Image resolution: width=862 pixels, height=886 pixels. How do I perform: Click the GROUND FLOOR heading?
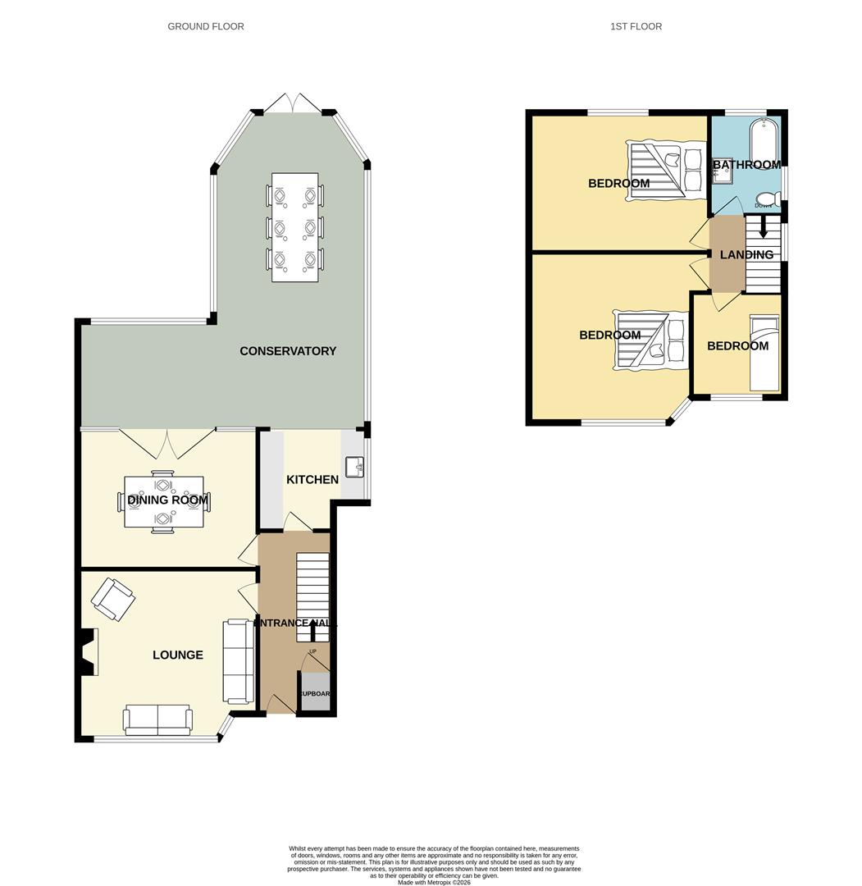coord(205,26)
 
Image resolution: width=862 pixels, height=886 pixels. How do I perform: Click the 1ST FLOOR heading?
coord(636,26)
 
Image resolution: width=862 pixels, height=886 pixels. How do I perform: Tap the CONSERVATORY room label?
coord(288,351)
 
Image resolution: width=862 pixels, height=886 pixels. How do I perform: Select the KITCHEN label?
coord(312,479)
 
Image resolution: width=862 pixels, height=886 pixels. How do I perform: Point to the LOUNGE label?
coord(178,655)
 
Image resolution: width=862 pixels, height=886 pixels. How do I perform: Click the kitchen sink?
coord(354,467)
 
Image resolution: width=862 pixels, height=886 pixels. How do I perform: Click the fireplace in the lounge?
coord(88,652)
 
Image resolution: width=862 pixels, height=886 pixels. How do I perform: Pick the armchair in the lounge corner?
coord(113,599)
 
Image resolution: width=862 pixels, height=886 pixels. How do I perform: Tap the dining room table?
coord(164,501)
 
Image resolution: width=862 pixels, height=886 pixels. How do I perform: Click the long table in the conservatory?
coord(294,227)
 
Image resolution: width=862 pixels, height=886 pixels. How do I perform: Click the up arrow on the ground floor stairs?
coord(312,630)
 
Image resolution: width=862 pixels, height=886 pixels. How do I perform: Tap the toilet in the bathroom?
coord(767,198)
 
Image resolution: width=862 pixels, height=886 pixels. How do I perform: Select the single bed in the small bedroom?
coord(765,358)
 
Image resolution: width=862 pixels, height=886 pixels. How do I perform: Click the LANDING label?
coord(746,254)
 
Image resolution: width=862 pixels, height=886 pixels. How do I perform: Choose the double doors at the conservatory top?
coord(294,104)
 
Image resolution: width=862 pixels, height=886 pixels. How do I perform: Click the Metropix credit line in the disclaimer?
coord(434,883)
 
